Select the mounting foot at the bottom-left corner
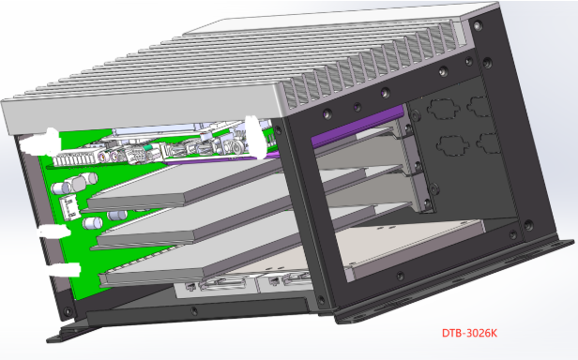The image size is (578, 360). point(75,329)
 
